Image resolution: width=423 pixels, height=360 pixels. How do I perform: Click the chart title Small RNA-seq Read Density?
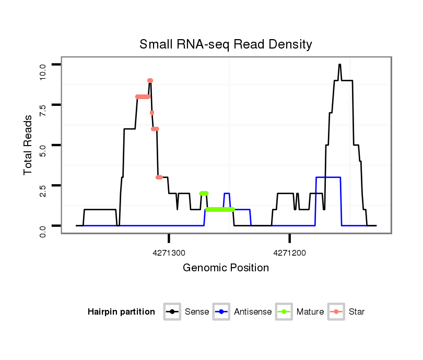point(226,44)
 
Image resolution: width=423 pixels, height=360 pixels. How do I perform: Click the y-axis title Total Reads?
point(29,145)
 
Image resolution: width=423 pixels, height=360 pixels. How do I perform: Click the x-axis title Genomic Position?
point(226,268)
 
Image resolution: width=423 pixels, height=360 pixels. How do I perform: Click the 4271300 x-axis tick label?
point(169,253)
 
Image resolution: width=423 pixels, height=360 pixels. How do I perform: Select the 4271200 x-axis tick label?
point(290,253)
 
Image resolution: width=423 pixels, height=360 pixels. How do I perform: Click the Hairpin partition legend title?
point(121,312)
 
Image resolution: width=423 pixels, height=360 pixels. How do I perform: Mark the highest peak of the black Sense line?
point(339,65)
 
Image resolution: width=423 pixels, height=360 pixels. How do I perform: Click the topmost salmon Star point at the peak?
point(150,80)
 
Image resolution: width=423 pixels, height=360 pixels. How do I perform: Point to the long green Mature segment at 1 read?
point(219,209)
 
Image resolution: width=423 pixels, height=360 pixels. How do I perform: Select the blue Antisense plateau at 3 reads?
point(328,177)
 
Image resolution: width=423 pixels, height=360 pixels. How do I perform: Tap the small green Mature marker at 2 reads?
point(204,193)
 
